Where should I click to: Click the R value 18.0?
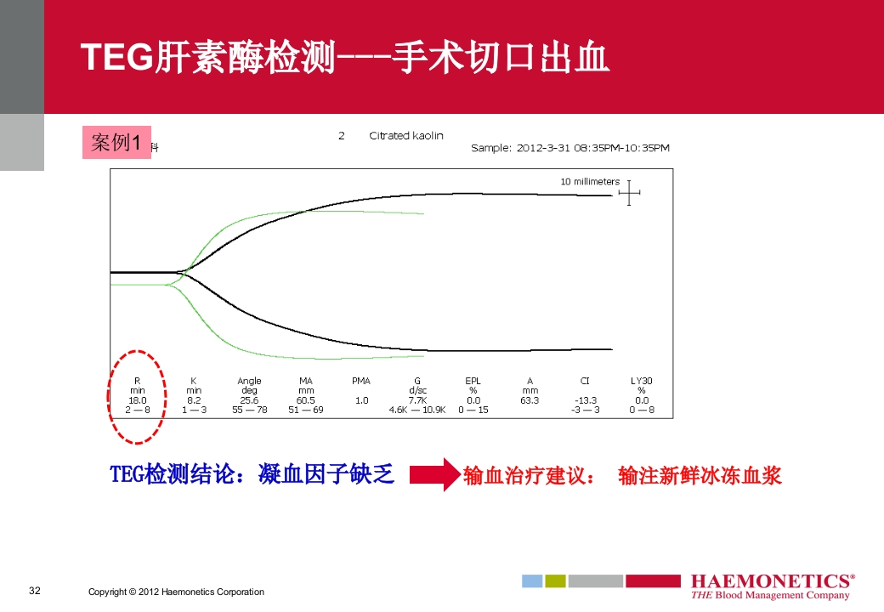click(137, 399)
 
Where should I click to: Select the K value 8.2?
click(194, 399)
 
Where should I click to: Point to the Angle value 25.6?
click(249, 399)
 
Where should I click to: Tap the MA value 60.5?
click(306, 399)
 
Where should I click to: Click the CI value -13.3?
click(585, 399)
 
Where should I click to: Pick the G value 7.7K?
click(417, 399)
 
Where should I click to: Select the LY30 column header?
click(642, 381)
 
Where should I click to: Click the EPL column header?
click(473, 381)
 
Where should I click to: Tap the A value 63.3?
click(530, 399)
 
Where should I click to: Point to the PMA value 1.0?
click(361, 399)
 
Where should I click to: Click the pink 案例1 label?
click(116, 142)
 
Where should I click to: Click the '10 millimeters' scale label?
click(590, 182)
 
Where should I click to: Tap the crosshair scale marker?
click(629, 194)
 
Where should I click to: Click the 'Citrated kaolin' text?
click(406, 136)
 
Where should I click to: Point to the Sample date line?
click(570, 148)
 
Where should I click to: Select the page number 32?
click(35, 591)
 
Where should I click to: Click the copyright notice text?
click(176, 592)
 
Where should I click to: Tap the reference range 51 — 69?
click(306, 410)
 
